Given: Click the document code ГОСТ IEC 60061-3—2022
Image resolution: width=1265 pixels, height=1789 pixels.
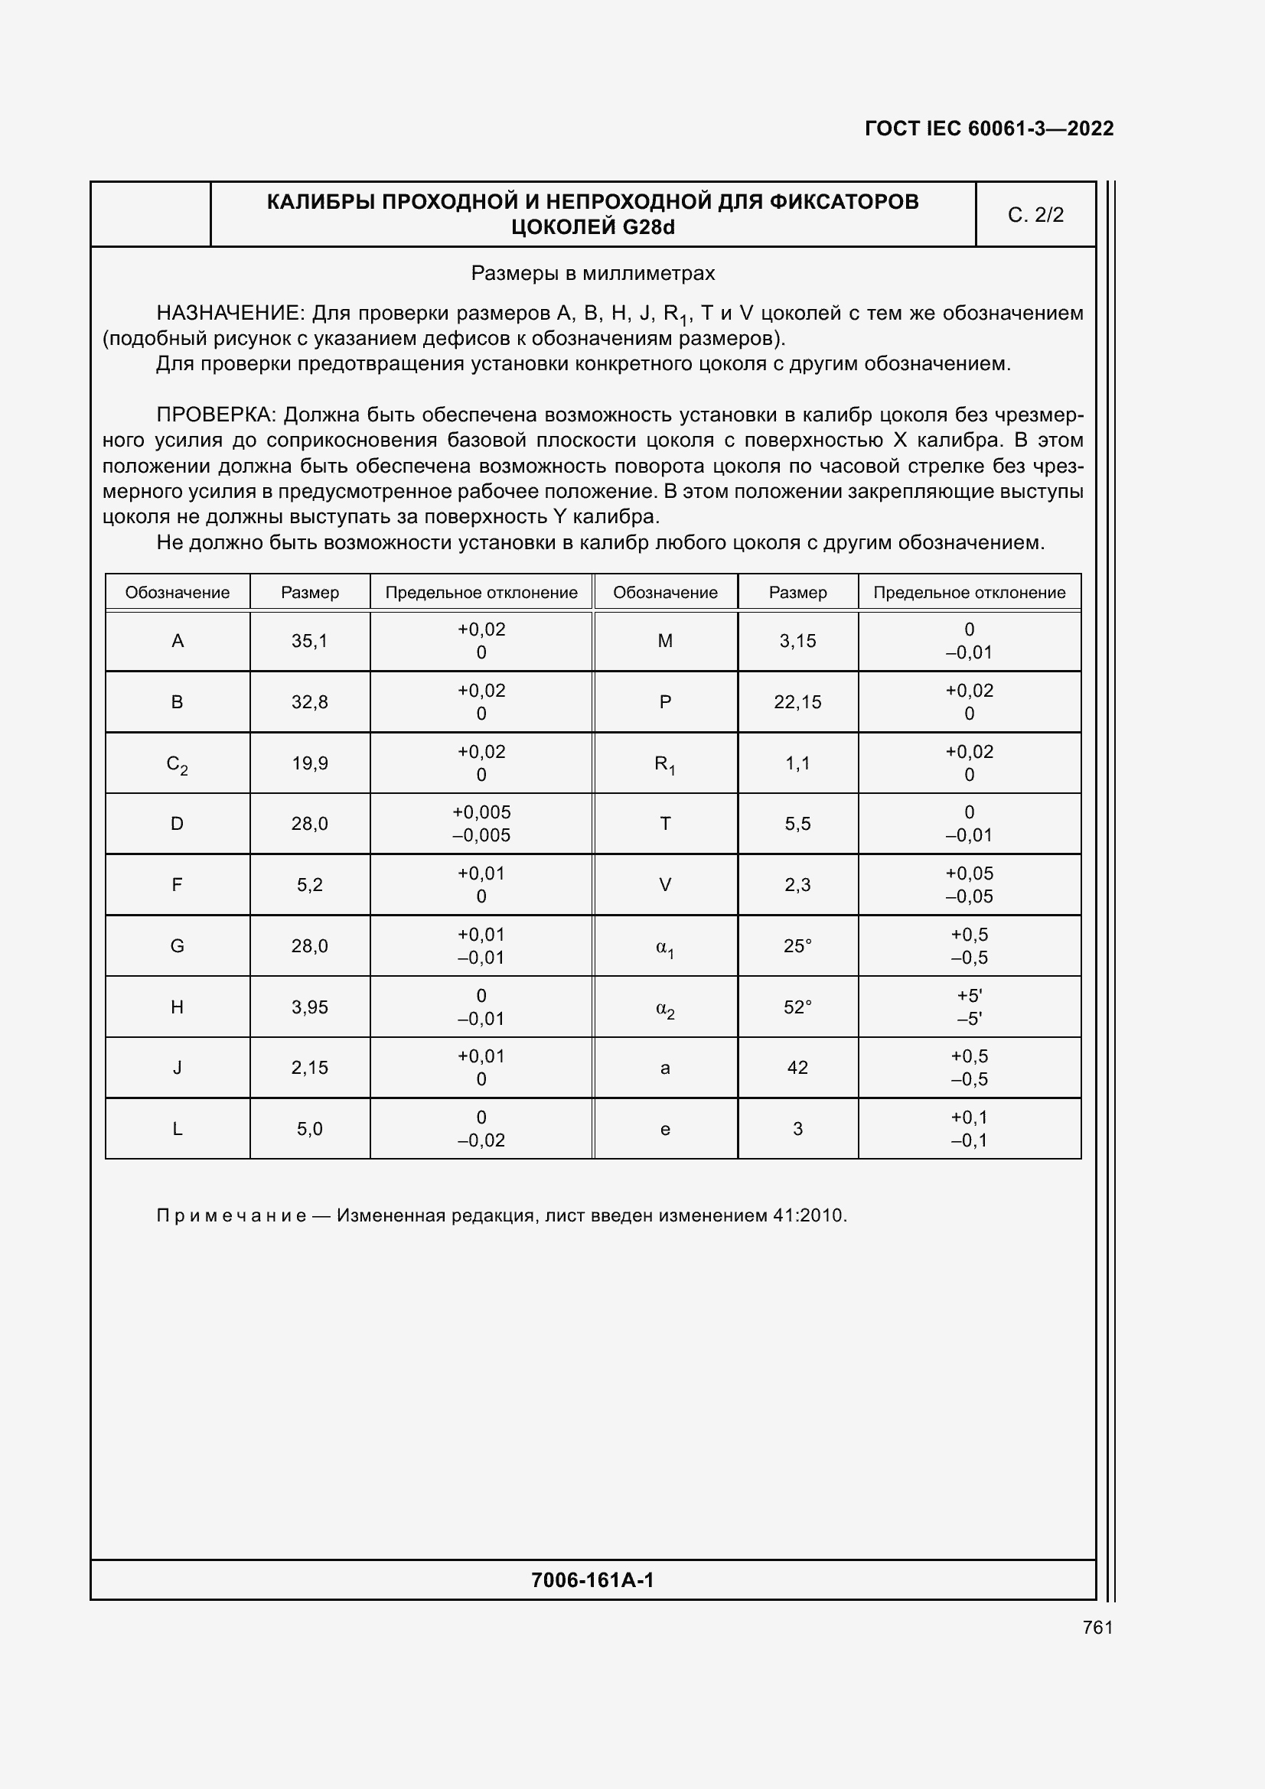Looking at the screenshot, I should click(988, 128).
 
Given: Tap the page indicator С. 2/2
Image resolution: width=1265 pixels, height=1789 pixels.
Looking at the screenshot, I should click(1035, 215).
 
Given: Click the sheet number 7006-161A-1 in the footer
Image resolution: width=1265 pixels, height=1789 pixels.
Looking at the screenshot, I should click(592, 1579).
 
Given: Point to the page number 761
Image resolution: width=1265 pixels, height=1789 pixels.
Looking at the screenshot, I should click(1097, 1627).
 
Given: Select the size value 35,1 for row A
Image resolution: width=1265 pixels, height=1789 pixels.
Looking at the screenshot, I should click(309, 641).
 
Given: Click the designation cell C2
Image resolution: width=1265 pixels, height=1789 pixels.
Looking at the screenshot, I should click(177, 764).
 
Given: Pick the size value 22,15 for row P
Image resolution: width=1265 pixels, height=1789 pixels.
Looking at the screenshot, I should click(797, 702).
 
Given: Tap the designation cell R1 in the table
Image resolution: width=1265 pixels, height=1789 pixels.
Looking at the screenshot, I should click(665, 764).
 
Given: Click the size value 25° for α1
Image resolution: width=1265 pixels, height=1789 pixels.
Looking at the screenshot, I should click(797, 946).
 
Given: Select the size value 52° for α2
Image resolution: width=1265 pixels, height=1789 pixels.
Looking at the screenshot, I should click(797, 1007).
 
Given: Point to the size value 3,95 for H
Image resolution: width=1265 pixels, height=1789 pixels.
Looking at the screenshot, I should click(309, 1007).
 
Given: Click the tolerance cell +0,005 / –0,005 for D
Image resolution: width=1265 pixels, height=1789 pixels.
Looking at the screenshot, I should click(481, 824).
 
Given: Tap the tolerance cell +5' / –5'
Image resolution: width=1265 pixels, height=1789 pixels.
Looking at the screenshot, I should click(969, 1007).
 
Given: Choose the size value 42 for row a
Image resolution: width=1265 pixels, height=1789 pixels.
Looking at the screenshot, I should click(797, 1068).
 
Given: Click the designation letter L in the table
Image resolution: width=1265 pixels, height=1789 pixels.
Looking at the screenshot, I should click(177, 1129).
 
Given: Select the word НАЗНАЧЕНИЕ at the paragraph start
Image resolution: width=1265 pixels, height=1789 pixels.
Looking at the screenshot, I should click(228, 314).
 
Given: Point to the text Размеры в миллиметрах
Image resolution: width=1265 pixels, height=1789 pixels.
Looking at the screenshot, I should click(592, 274).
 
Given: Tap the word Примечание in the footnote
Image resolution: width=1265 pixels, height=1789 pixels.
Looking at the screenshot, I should click(230, 1215).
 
